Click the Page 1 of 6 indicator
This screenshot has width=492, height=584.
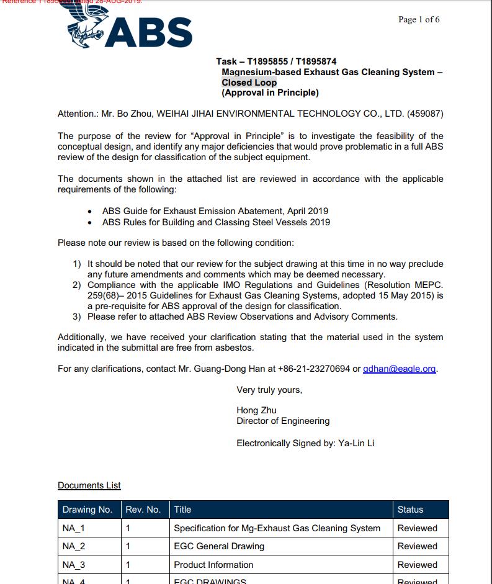point(419,20)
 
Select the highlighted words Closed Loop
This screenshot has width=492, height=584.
point(249,83)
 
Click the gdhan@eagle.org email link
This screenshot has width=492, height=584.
point(400,369)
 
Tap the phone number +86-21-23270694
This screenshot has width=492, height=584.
point(313,369)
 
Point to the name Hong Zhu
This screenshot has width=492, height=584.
point(256,410)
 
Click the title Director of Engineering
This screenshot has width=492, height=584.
point(283,421)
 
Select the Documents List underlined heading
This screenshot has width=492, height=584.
point(89,485)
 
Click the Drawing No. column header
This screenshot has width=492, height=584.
point(87,510)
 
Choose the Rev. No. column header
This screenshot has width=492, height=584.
point(143,510)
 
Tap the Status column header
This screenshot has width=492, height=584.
point(410,510)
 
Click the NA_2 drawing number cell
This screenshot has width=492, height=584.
point(74,546)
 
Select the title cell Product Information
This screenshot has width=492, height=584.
point(213,565)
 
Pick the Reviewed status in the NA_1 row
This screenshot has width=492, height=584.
point(417,528)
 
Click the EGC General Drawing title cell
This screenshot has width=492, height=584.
point(219,546)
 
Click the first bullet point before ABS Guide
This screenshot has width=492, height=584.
point(91,212)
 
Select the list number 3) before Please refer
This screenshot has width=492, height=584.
point(77,317)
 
